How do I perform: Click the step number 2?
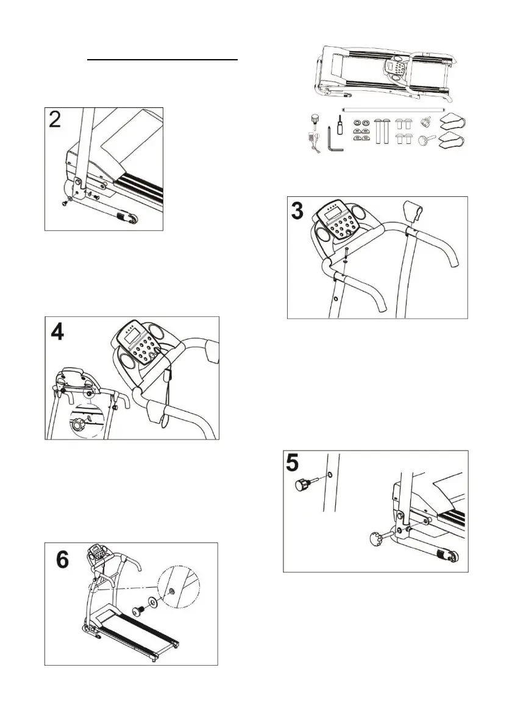(x=55, y=119)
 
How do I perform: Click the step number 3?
(x=297, y=212)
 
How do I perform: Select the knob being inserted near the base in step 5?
(x=376, y=538)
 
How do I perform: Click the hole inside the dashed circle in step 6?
(x=172, y=591)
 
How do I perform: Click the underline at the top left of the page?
(x=162, y=61)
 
